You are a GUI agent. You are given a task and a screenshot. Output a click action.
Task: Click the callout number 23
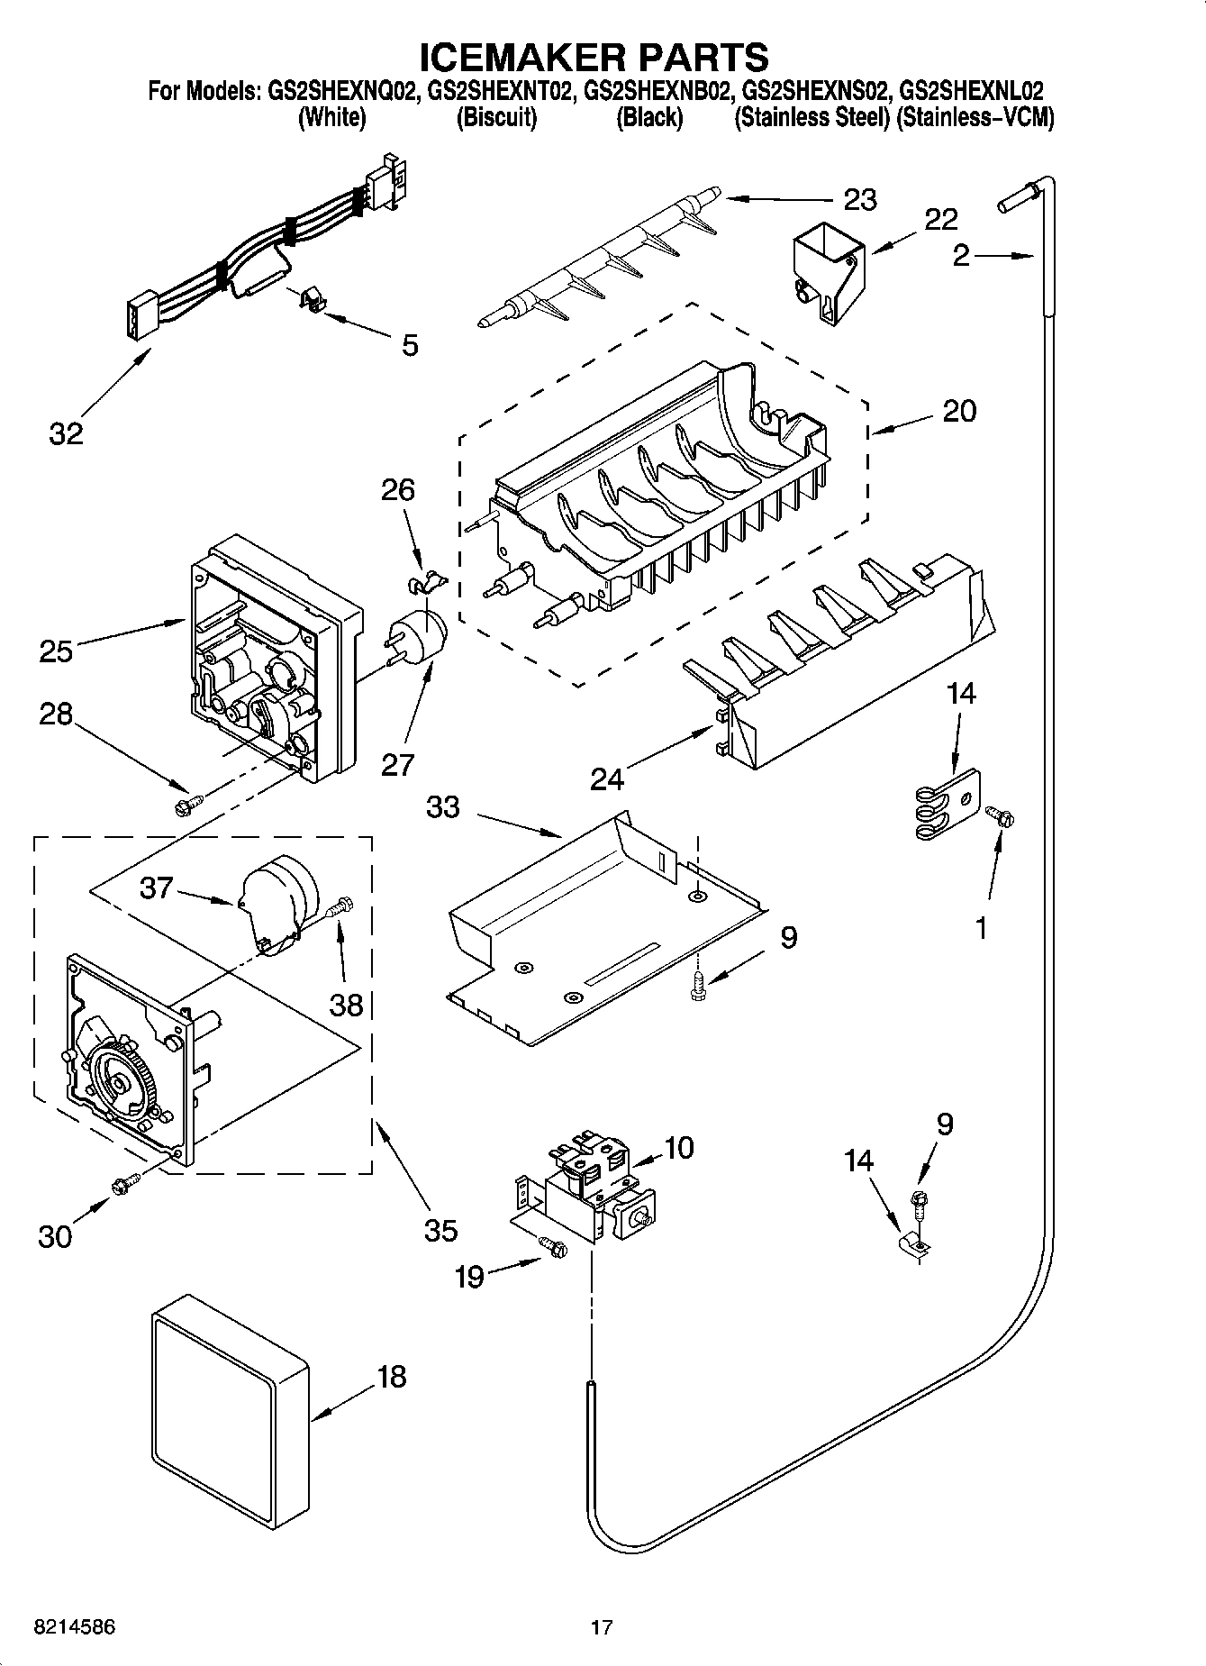(x=859, y=199)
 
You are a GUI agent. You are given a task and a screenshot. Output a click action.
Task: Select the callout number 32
(x=66, y=433)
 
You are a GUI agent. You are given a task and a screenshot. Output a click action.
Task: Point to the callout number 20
(x=958, y=411)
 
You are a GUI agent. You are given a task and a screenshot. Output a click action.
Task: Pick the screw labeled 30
(x=124, y=1184)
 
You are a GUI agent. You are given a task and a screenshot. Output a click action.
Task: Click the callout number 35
(x=440, y=1230)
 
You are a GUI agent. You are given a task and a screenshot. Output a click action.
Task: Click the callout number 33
(x=442, y=807)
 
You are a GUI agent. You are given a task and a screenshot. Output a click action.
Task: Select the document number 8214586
(x=74, y=1627)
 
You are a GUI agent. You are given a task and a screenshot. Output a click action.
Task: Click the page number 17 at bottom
(x=602, y=1627)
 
